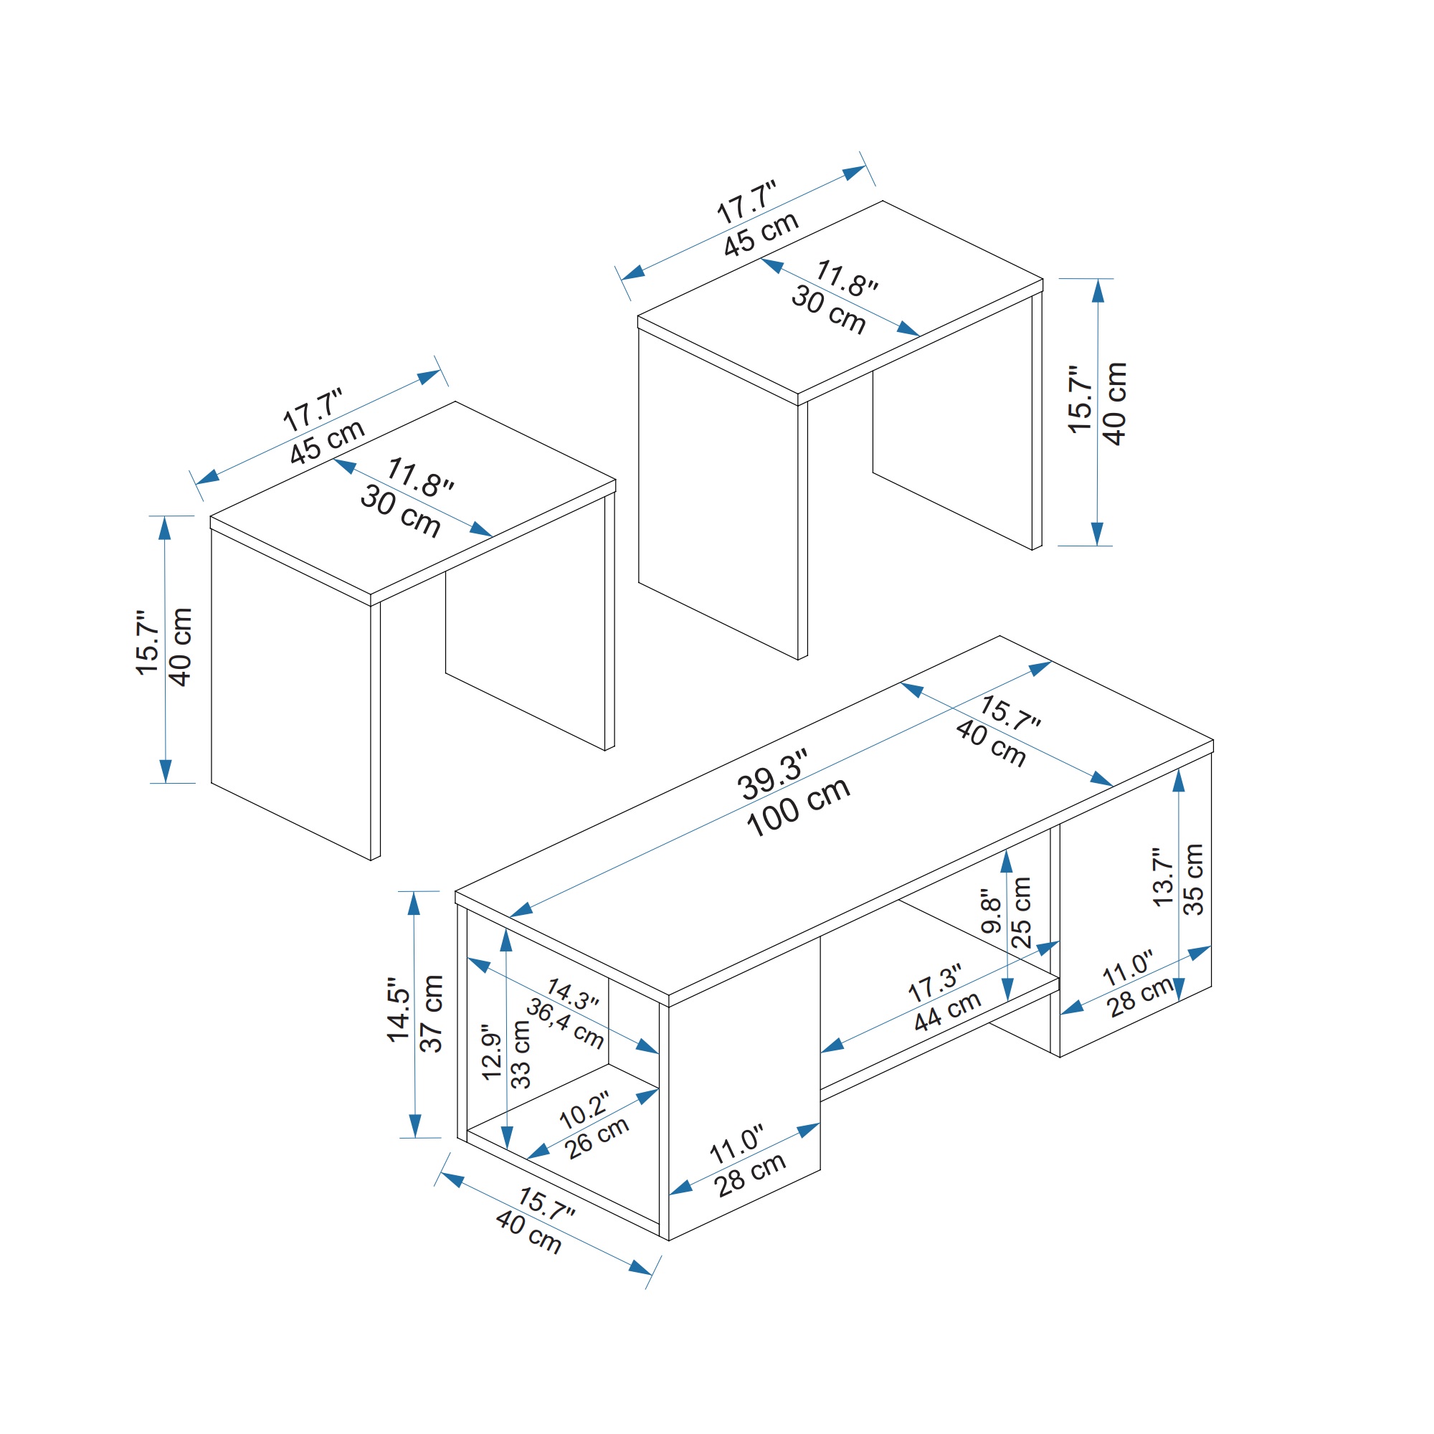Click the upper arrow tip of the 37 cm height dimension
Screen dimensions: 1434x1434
pos(414,891)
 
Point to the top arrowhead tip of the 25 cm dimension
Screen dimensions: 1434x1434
pos(1007,849)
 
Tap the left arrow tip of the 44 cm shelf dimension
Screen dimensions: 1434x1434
pos(821,1052)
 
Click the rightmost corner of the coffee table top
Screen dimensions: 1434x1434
pos(1214,740)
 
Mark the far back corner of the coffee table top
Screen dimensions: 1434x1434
pos(999,635)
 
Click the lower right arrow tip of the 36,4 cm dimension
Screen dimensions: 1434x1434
pos(659,1053)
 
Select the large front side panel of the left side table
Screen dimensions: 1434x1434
pos(291,695)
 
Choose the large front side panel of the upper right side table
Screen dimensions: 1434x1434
pos(718,494)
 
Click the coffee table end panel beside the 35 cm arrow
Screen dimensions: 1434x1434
pos(1136,906)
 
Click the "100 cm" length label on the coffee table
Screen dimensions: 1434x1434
pos(798,807)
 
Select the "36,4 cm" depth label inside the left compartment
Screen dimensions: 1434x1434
pos(565,1024)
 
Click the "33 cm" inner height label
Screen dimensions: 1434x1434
pos(522,1054)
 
